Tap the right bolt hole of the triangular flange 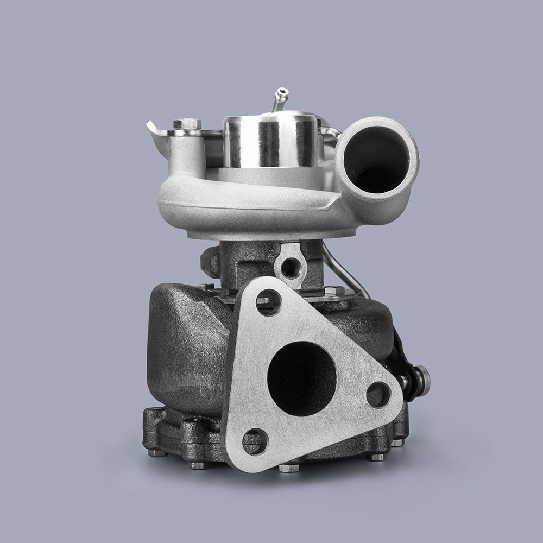click(x=377, y=395)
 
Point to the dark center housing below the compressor click(x=244, y=261)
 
